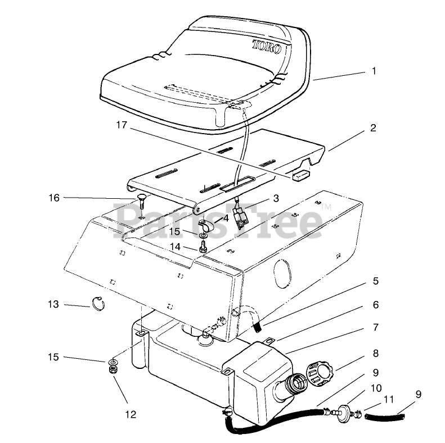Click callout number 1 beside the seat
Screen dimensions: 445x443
(374, 71)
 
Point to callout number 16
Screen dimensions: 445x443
(54, 198)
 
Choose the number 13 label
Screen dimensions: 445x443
(53, 304)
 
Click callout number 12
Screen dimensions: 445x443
(131, 415)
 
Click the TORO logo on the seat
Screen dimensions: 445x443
(266, 45)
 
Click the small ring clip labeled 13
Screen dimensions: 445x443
(99, 305)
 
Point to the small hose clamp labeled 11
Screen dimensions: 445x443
(354, 415)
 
